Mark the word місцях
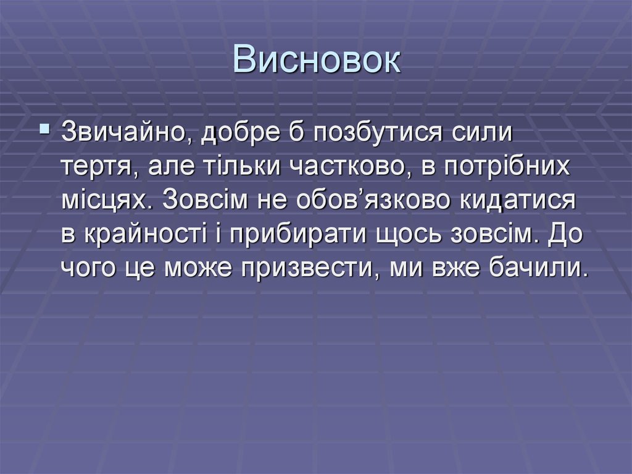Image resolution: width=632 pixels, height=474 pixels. coord(107,201)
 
